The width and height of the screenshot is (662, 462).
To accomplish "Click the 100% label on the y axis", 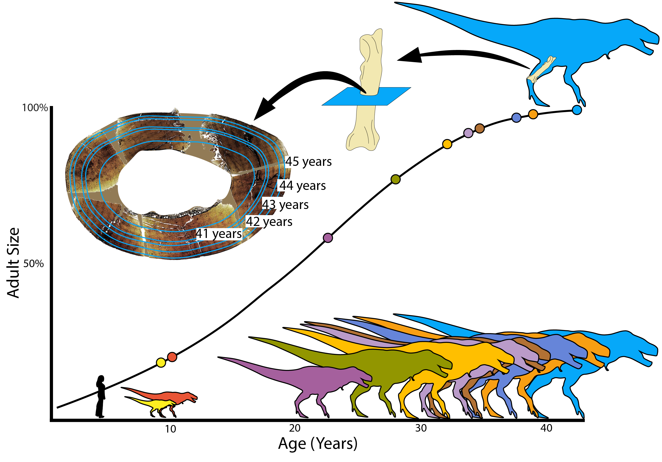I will coord(35,108).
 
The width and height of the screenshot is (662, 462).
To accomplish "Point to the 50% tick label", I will coord(33,264).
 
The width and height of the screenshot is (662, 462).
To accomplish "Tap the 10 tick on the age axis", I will coord(170,429).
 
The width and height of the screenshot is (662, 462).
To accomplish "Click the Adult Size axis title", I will coord(13,263).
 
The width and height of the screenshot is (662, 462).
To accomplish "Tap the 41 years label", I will coord(219,234).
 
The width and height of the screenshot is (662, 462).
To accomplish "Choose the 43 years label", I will coord(285,204).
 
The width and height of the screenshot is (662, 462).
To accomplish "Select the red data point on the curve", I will coord(172,357).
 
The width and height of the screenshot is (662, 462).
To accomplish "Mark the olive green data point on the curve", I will coord(396,179).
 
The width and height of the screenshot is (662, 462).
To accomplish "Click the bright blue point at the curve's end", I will coord(577,110).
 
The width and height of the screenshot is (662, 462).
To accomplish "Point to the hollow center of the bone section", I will coord(173,182).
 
